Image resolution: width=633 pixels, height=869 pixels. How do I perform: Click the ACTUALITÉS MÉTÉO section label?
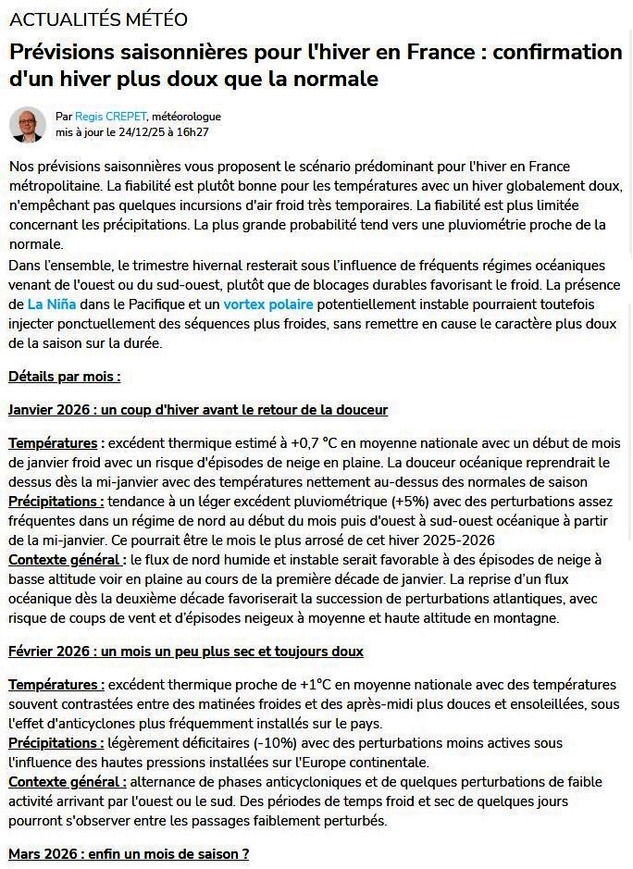(98, 19)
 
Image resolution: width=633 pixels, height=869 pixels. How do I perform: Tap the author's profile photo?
(28, 125)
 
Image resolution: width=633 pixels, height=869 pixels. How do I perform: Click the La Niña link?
(52, 304)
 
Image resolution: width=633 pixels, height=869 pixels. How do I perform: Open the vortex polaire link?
(268, 304)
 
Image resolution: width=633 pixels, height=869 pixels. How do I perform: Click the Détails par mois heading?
(65, 377)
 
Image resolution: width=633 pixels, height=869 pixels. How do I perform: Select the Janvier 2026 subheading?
(197, 409)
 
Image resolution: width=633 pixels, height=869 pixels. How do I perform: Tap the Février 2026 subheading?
(185, 652)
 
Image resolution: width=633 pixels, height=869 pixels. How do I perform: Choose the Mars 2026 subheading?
(129, 854)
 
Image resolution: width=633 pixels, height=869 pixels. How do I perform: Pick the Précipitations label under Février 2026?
(56, 743)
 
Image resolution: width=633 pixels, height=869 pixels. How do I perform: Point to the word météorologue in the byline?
(186, 117)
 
